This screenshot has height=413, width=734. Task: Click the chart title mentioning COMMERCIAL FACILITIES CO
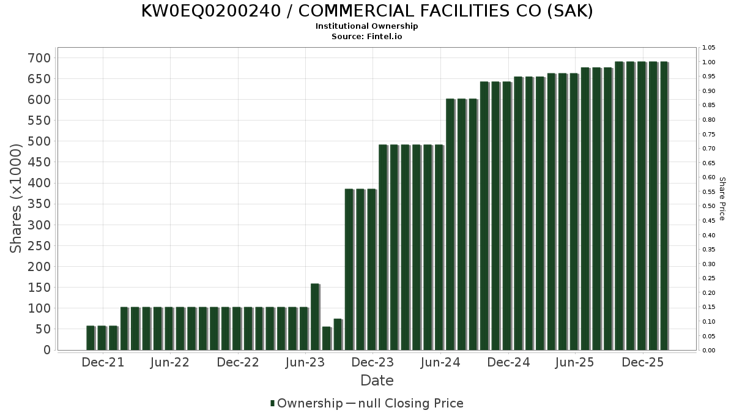tap(367, 11)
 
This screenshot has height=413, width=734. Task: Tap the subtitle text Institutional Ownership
tap(367, 26)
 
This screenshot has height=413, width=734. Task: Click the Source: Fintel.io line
tap(367, 36)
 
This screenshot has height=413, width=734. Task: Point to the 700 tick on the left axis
tap(38, 58)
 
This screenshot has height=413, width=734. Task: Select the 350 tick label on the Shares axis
tap(38, 204)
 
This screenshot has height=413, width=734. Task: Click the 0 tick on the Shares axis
tap(46, 350)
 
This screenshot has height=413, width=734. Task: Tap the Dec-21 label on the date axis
tap(103, 362)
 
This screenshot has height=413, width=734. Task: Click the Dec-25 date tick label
tap(642, 362)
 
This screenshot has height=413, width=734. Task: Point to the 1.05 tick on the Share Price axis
tap(709, 48)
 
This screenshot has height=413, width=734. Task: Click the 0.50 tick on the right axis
tap(709, 206)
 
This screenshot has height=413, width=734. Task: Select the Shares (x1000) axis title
tap(17, 198)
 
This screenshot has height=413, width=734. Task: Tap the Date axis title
tap(377, 381)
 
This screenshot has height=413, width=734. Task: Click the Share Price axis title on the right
tap(722, 198)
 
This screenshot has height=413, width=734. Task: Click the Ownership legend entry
tap(306, 403)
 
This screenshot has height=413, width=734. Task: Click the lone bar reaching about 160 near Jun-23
tap(315, 317)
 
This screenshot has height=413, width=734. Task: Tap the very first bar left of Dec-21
tap(91, 338)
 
